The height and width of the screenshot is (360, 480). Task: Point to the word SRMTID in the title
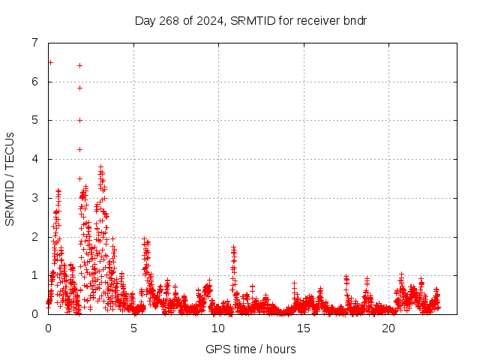(x=250, y=20)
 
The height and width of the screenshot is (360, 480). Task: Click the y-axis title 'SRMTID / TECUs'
(x=10, y=178)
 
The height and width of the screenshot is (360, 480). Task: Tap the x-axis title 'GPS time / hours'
(x=250, y=349)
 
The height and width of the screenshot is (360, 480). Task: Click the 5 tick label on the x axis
(x=133, y=328)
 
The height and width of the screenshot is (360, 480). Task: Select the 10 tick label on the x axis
(x=218, y=328)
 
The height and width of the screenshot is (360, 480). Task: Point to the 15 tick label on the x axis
(x=303, y=328)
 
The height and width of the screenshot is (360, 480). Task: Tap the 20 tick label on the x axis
(x=388, y=328)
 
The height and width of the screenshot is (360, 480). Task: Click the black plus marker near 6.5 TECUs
(x=50, y=62)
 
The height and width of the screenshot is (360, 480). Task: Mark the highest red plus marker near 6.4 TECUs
(x=79, y=65)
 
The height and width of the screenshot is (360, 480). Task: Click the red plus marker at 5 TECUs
(x=79, y=120)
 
